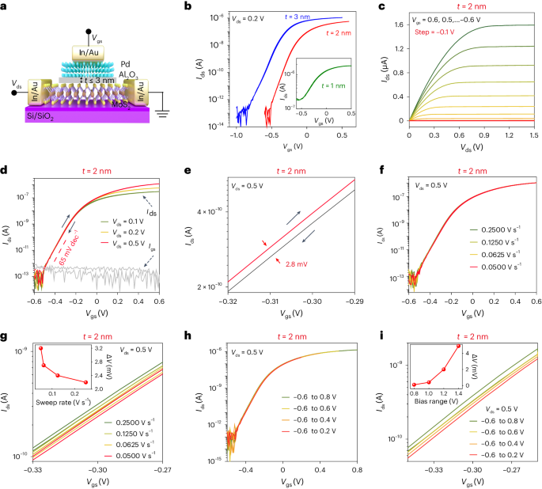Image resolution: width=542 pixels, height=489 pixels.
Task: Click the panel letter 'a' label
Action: point(6,7)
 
